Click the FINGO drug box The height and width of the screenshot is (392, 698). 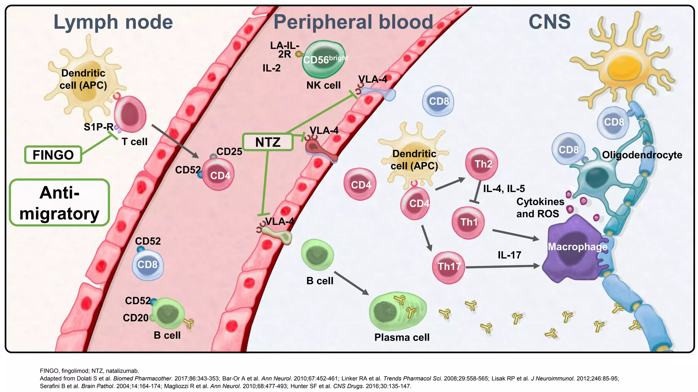point(53,155)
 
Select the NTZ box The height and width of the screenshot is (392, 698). point(268,142)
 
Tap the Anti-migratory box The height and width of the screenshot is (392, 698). point(60,203)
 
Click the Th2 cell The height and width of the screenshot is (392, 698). point(481,164)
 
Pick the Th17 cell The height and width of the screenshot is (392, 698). point(449,267)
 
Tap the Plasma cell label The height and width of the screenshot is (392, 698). point(402,337)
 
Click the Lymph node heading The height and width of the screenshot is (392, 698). point(113,22)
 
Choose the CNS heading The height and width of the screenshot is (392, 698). point(549,22)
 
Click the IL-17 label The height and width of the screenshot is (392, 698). point(509,255)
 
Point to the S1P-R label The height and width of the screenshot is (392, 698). point(98,127)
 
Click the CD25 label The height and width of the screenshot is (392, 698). point(229,151)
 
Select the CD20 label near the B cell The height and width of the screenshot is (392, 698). point(135,317)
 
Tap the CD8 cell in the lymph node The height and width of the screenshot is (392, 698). point(148,265)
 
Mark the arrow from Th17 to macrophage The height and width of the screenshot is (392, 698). point(503,266)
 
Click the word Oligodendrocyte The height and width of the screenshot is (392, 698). point(642,155)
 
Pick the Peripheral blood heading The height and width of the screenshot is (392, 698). point(353,22)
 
